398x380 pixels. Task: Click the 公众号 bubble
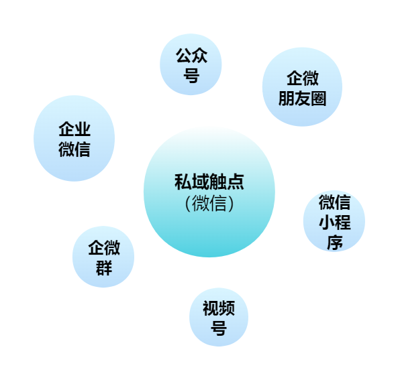[x=191, y=64]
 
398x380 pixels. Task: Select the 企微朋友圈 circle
[x=302, y=86]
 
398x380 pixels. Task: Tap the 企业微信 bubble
[x=74, y=138]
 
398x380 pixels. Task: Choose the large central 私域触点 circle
[x=209, y=192]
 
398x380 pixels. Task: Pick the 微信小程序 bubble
[x=334, y=220]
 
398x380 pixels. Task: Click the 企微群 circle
[x=103, y=257]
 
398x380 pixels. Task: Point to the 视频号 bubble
[x=219, y=317]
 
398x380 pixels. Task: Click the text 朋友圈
[x=302, y=99]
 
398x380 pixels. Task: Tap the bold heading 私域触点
[x=209, y=182]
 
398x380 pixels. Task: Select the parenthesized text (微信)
[x=209, y=203]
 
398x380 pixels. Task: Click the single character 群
[x=104, y=268]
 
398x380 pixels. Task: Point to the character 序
[x=334, y=243]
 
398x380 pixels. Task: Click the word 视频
[x=219, y=308]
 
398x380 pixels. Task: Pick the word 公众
[x=192, y=55]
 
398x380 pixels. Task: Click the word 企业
[x=74, y=129]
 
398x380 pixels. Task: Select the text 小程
[x=334, y=223]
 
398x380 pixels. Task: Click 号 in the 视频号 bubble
[x=219, y=328]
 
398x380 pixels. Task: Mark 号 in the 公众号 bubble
[x=191, y=76]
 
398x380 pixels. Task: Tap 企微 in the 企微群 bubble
[x=104, y=248]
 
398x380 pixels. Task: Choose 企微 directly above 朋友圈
[x=303, y=78]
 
